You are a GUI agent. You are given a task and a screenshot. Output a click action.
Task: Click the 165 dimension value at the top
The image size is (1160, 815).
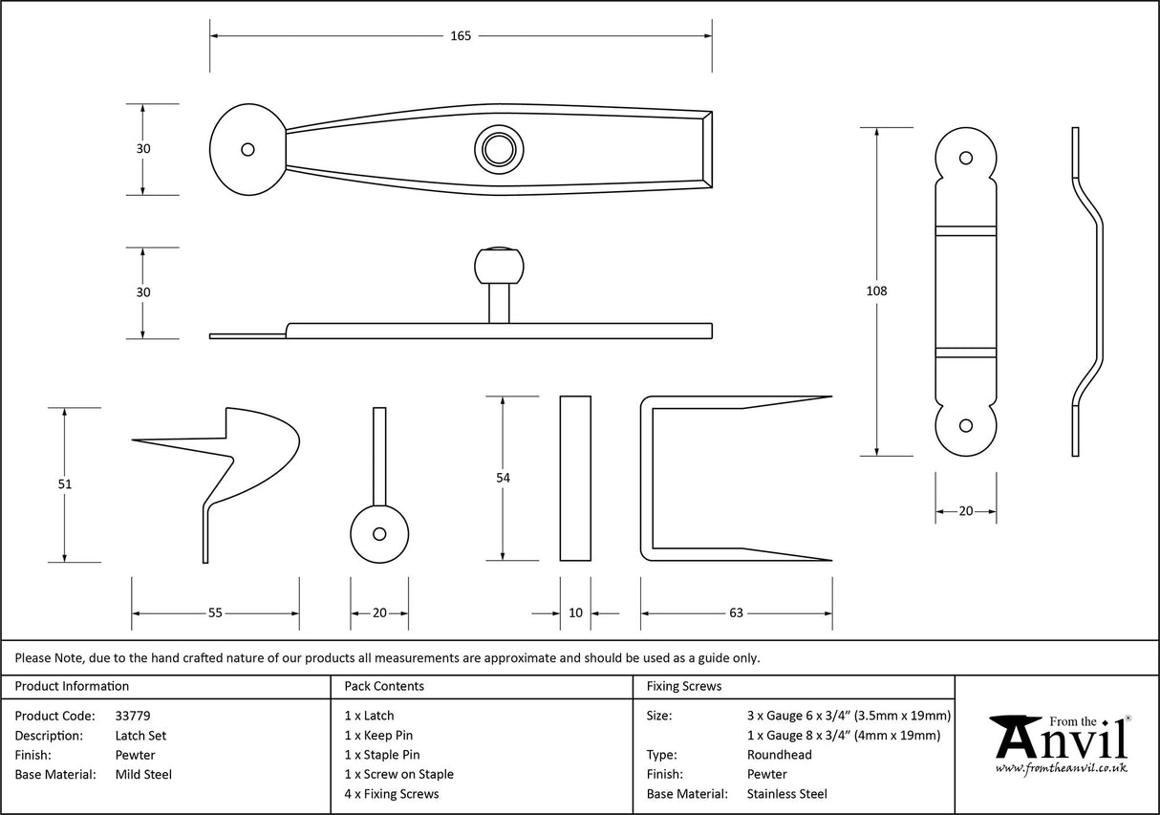(x=461, y=36)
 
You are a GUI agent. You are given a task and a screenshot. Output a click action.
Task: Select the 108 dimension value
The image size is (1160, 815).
(x=875, y=290)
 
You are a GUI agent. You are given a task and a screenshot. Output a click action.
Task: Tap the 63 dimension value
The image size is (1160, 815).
(x=736, y=613)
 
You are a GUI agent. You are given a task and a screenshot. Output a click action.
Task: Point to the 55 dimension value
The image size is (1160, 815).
(x=215, y=613)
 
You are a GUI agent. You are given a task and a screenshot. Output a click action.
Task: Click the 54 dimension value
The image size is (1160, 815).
(x=504, y=478)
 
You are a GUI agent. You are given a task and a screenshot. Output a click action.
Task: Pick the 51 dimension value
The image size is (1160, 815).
(x=65, y=484)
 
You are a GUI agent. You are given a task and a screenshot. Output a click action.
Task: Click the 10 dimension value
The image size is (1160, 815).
(x=575, y=613)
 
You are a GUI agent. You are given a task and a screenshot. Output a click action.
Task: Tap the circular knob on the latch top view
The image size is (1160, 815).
(x=499, y=149)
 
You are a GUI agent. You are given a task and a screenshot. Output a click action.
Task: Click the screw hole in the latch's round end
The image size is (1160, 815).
(x=247, y=149)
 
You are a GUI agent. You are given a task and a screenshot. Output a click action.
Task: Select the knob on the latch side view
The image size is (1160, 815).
(x=499, y=267)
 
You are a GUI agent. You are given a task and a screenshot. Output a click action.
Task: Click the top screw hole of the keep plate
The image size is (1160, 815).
(x=965, y=157)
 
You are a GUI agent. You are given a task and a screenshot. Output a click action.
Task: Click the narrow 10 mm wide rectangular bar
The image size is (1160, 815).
(x=575, y=478)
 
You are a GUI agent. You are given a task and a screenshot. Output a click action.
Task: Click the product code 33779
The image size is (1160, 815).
(x=132, y=716)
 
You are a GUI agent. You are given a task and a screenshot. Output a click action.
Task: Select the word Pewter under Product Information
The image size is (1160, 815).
(x=135, y=755)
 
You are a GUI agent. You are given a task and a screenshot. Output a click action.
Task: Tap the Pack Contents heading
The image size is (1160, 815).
(x=384, y=686)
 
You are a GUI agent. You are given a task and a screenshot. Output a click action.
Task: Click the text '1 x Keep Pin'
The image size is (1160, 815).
(x=378, y=736)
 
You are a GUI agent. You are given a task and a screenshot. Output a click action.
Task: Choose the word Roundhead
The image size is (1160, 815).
(x=779, y=755)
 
